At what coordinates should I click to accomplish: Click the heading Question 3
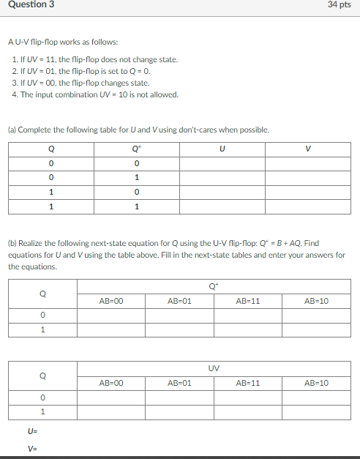(27, 5)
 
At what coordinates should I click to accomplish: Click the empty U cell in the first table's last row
(222, 207)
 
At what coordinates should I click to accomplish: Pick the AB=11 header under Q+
(249, 300)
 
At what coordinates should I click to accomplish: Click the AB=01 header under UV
(179, 382)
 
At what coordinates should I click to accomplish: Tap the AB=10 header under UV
(317, 382)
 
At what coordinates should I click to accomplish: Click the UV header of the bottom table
(214, 368)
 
